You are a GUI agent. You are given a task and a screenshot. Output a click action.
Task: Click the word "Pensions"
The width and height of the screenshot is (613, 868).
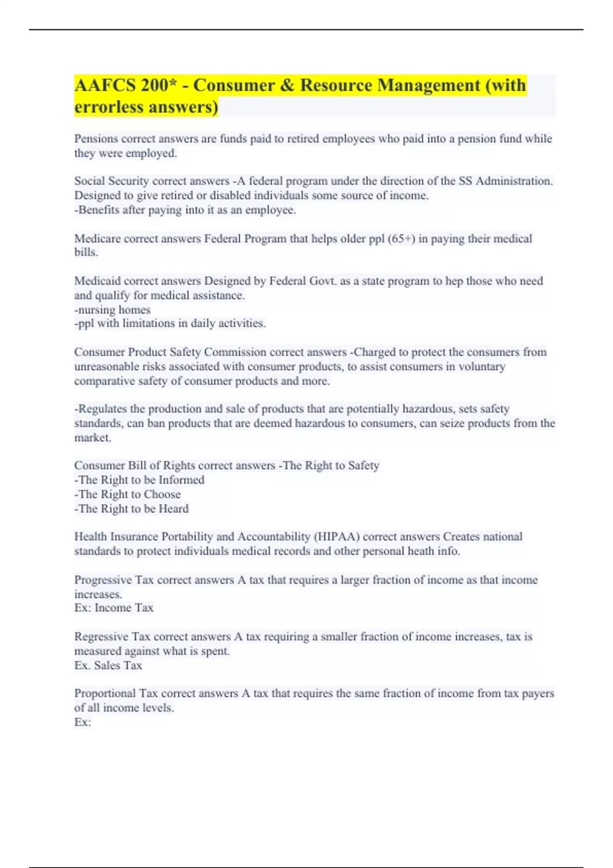point(96,139)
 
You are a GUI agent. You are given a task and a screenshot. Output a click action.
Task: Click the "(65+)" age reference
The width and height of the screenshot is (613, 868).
point(401,238)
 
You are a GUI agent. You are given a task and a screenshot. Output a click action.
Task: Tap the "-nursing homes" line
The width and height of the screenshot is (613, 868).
point(112,309)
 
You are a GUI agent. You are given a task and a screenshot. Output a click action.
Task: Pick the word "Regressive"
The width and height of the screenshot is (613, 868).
point(101,637)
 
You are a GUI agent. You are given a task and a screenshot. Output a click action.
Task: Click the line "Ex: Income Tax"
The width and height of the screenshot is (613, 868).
point(114,608)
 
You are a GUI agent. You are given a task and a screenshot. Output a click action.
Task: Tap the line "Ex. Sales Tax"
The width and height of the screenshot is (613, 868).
point(108,665)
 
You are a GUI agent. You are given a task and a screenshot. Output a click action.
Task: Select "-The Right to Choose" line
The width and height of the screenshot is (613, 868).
point(128,494)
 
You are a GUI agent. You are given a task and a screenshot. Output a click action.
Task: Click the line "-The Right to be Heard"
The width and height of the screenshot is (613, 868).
point(132,509)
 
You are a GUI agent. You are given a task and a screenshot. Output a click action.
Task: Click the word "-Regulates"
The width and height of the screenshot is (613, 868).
point(101,409)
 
